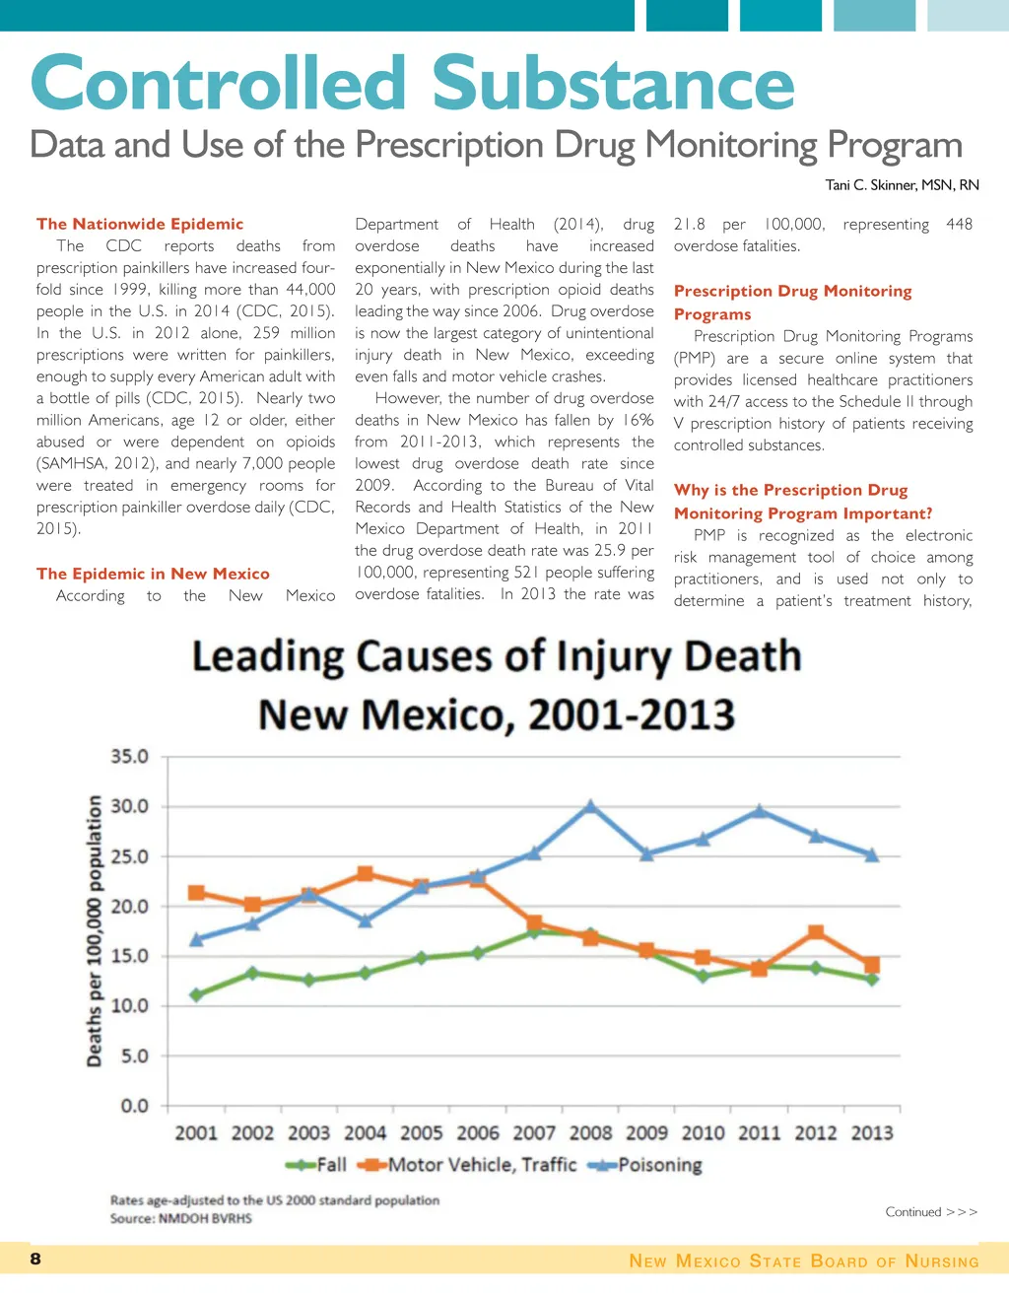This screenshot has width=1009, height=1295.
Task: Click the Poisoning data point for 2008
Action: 590,806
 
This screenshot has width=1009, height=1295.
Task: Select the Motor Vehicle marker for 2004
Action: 366,873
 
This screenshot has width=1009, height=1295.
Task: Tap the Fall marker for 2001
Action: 197,994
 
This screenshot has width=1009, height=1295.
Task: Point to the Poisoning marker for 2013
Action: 872,854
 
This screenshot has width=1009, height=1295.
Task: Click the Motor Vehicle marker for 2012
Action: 816,932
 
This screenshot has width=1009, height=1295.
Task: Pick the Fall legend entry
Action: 317,1165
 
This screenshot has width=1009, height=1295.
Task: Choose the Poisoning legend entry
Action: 645,1165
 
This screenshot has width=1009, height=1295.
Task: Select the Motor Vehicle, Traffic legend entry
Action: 467,1165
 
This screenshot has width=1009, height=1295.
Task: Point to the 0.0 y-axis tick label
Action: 135,1106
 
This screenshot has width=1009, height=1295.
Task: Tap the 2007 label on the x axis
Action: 534,1133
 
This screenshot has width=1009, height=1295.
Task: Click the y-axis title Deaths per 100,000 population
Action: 96,930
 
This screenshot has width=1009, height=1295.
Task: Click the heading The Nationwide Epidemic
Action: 140,224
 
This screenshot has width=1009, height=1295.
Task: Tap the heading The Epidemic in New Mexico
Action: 153,574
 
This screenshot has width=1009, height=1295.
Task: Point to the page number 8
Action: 35,1259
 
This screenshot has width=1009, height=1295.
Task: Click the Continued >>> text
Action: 931,1212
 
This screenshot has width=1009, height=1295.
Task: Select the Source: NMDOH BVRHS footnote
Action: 181,1219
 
